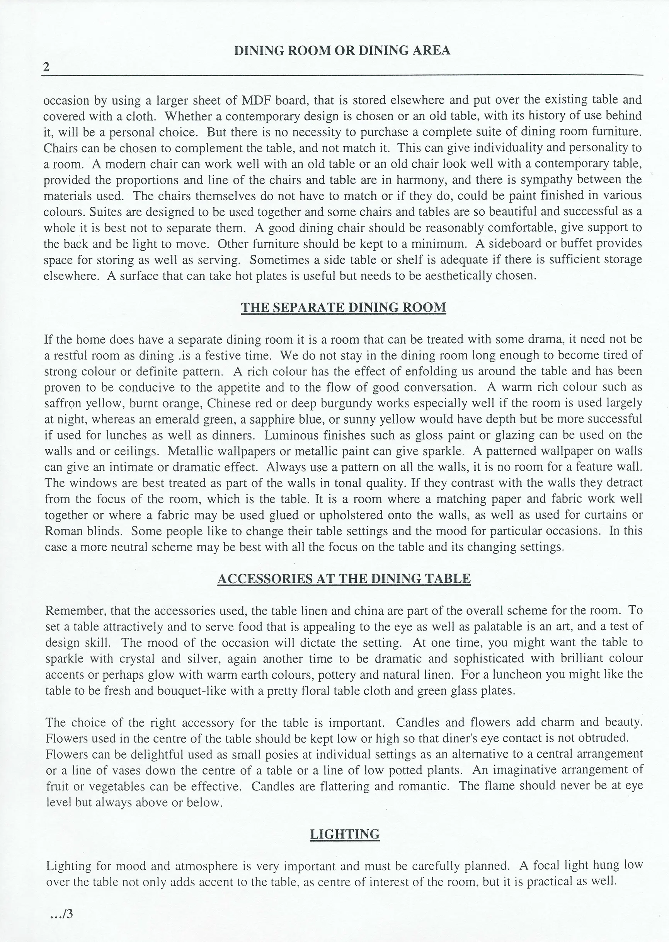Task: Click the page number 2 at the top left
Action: tap(46, 67)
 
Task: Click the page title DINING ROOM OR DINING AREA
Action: tap(342, 50)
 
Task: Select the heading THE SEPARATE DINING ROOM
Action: tap(343, 308)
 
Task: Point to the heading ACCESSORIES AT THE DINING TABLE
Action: tap(344, 579)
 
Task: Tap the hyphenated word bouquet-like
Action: tap(192, 691)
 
